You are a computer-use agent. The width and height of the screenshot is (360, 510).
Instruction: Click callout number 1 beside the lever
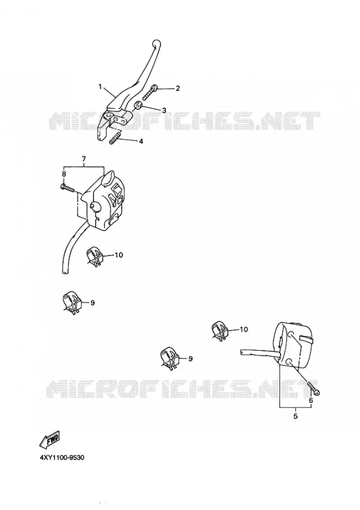coord(100,87)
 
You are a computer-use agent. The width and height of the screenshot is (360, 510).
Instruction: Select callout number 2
coord(177,88)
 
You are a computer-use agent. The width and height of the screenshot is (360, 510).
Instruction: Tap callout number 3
coord(164,110)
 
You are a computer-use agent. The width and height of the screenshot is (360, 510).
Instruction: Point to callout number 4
coord(141,142)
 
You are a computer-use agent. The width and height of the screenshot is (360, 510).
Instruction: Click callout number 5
coord(295,416)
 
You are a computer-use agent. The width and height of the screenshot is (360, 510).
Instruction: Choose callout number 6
coord(311,401)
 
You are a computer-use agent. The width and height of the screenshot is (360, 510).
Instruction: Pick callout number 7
coord(84,159)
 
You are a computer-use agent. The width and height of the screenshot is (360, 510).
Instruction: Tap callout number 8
coord(64,174)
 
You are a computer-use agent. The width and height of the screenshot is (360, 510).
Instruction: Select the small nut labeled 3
coord(138,105)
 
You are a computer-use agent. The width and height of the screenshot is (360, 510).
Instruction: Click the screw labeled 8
coord(67,188)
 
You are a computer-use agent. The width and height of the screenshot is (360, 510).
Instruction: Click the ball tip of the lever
coord(156,43)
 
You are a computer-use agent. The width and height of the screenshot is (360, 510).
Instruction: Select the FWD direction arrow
coord(49,440)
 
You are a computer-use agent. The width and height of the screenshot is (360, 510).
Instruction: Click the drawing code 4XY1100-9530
coord(62,458)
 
